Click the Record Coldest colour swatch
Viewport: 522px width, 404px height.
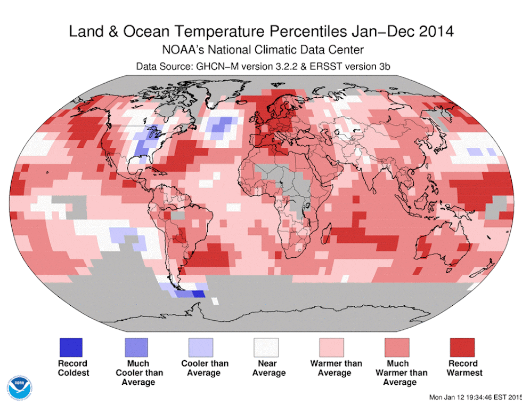click(71, 347)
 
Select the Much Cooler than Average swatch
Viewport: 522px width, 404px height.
click(136, 347)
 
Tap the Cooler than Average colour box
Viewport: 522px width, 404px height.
click(201, 347)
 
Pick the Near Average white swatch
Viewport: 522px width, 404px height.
click(266, 347)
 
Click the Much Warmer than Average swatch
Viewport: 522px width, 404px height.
click(397, 347)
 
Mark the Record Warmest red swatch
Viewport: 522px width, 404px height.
click(462, 347)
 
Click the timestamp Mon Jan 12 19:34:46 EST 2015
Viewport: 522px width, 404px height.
click(474, 397)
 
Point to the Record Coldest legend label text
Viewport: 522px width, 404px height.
click(74, 368)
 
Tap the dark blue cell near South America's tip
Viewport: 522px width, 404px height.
click(199, 294)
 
